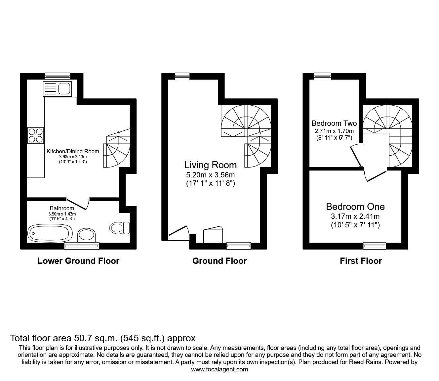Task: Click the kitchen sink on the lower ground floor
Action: [57, 89]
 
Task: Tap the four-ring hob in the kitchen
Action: [36, 135]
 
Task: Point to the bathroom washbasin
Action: [87, 235]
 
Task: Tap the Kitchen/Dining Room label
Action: [73, 151]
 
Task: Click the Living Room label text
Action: [210, 165]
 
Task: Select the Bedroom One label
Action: [355, 207]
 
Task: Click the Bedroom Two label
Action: [334, 123]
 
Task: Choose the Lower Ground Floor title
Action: [78, 261]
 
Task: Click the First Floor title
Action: [361, 261]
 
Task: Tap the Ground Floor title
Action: [219, 261]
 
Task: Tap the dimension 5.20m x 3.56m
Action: [210, 175]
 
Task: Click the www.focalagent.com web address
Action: [219, 369]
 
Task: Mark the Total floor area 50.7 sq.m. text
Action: [103, 338]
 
